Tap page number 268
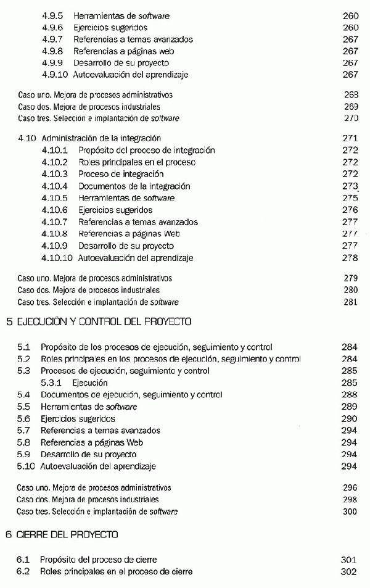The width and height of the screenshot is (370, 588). (x=350, y=95)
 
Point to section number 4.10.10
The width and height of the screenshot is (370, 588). (x=57, y=257)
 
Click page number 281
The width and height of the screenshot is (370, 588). (x=350, y=302)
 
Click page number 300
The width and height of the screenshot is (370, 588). (x=349, y=511)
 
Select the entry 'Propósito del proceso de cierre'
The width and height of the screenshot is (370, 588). (x=99, y=560)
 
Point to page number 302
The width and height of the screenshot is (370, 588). (x=348, y=571)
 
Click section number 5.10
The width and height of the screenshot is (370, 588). (x=25, y=466)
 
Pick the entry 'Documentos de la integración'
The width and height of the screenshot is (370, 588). (x=134, y=186)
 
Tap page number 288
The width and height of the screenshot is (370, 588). (x=349, y=394)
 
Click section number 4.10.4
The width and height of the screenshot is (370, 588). (x=55, y=186)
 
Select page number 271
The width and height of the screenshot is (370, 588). (x=350, y=139)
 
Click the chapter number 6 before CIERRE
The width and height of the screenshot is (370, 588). (x=8, y=534)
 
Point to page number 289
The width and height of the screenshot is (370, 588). (x=349, y=407)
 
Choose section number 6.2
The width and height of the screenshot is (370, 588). (x=23, y=571)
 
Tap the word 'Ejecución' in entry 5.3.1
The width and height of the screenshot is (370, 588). (x=89, y=383)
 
